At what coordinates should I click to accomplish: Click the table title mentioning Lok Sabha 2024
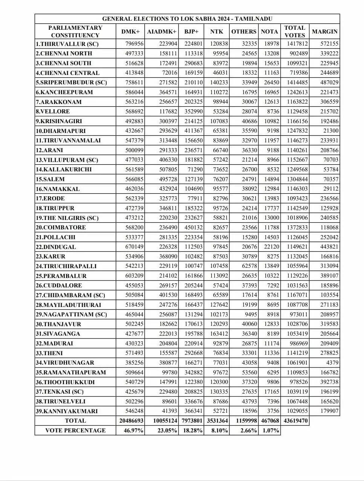tap(187, 19)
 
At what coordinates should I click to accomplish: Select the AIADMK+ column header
tap(162, 32)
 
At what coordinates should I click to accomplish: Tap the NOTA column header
tap(269, 32)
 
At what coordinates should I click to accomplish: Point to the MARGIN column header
tap(324, 32)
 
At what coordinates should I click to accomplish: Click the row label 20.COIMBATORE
tap(61, 228)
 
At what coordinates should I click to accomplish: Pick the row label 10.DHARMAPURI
tap(61, 131)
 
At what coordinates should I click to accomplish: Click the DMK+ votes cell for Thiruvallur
tap(135, 44)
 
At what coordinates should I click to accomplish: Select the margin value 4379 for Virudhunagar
tap(331, 363)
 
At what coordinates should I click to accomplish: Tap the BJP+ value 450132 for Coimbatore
tap(193, 228)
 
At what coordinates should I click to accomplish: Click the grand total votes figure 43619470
tap(296, 421)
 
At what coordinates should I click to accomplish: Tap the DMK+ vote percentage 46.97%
tap(134, 431)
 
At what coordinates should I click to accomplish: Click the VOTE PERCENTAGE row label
tap(75, 431)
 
